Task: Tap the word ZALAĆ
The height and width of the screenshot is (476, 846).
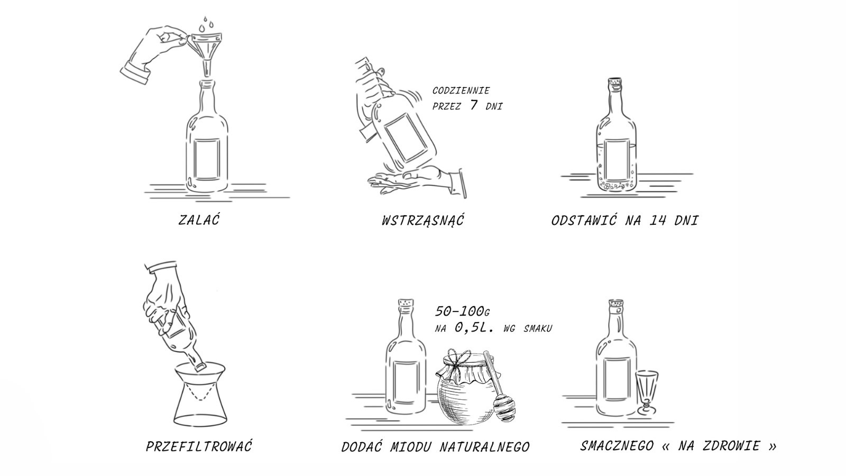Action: click(199, 219)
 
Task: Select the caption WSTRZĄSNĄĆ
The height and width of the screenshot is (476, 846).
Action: click(423, 220)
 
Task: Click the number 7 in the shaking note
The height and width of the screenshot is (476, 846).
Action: click(474, 105)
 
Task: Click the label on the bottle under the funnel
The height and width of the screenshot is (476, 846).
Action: click(207, 160)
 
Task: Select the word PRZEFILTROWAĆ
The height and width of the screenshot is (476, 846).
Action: click(199, 446)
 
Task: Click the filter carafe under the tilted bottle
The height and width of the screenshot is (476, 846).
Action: click(200, 395)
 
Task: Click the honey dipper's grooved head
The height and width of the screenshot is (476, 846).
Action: click(503, 408)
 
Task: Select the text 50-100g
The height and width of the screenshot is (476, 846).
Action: click(462, 312)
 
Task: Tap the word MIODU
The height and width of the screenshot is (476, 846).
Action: click(410, 447)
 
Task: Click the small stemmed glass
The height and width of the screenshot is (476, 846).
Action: click(647, 393)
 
